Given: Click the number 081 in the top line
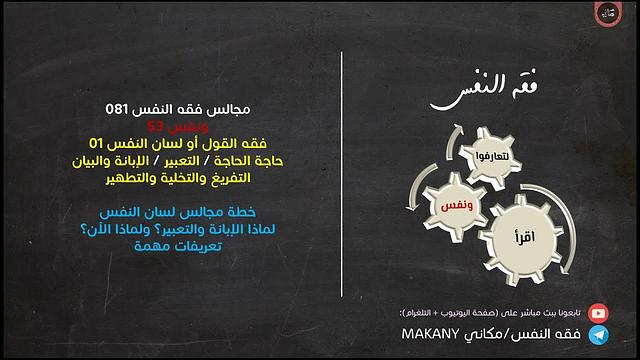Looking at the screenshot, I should click(118, 107).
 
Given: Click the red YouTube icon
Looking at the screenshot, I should click(599, 312).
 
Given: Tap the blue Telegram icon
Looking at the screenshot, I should click(599, 334).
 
